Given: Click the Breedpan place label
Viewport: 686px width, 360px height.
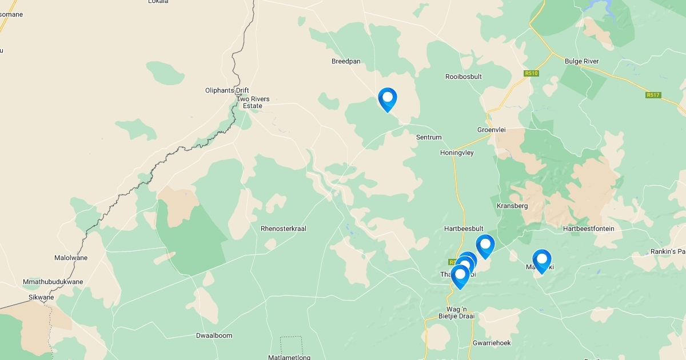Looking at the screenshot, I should click(x=346, y=61).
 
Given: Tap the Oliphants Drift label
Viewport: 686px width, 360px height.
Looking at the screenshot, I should click(x=227, y=90).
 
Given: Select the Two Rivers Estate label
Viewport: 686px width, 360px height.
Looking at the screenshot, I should click(x=253, y=102).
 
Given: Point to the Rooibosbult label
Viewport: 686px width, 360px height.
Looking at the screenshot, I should click(x=464, y=77).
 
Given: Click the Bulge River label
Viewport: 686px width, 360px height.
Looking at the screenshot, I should click(x=581, y=61).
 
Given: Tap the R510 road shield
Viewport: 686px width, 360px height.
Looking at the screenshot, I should click(x=531, y=73).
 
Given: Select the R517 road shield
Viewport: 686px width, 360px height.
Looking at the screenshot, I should click(x=653, y=95).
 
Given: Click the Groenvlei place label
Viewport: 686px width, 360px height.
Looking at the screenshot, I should click(x=492, y=130).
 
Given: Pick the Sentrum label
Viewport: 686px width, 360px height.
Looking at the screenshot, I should click(x=429, y=138).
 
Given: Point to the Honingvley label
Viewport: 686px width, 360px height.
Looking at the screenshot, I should click(x=457, y=153).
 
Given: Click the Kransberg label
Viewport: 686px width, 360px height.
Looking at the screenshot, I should click(x=512, y=206).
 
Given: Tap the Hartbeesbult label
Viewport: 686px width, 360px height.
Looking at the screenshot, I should click(x=464, y=229).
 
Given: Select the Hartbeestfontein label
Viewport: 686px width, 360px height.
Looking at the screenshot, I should click(x=588, y=229).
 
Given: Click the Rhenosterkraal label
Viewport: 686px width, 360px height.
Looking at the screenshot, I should click(x=284, y=229).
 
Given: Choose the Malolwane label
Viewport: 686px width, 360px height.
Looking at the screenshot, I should click(x=71, y=258).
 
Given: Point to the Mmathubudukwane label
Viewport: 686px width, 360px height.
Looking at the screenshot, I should click(x=53, y=282).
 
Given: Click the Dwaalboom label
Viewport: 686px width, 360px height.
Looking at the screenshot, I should click(x=214, y=335).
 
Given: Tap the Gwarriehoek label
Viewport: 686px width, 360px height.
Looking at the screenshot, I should click(x=492, y=343).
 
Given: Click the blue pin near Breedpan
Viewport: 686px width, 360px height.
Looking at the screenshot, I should click(x=388, y=99).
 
